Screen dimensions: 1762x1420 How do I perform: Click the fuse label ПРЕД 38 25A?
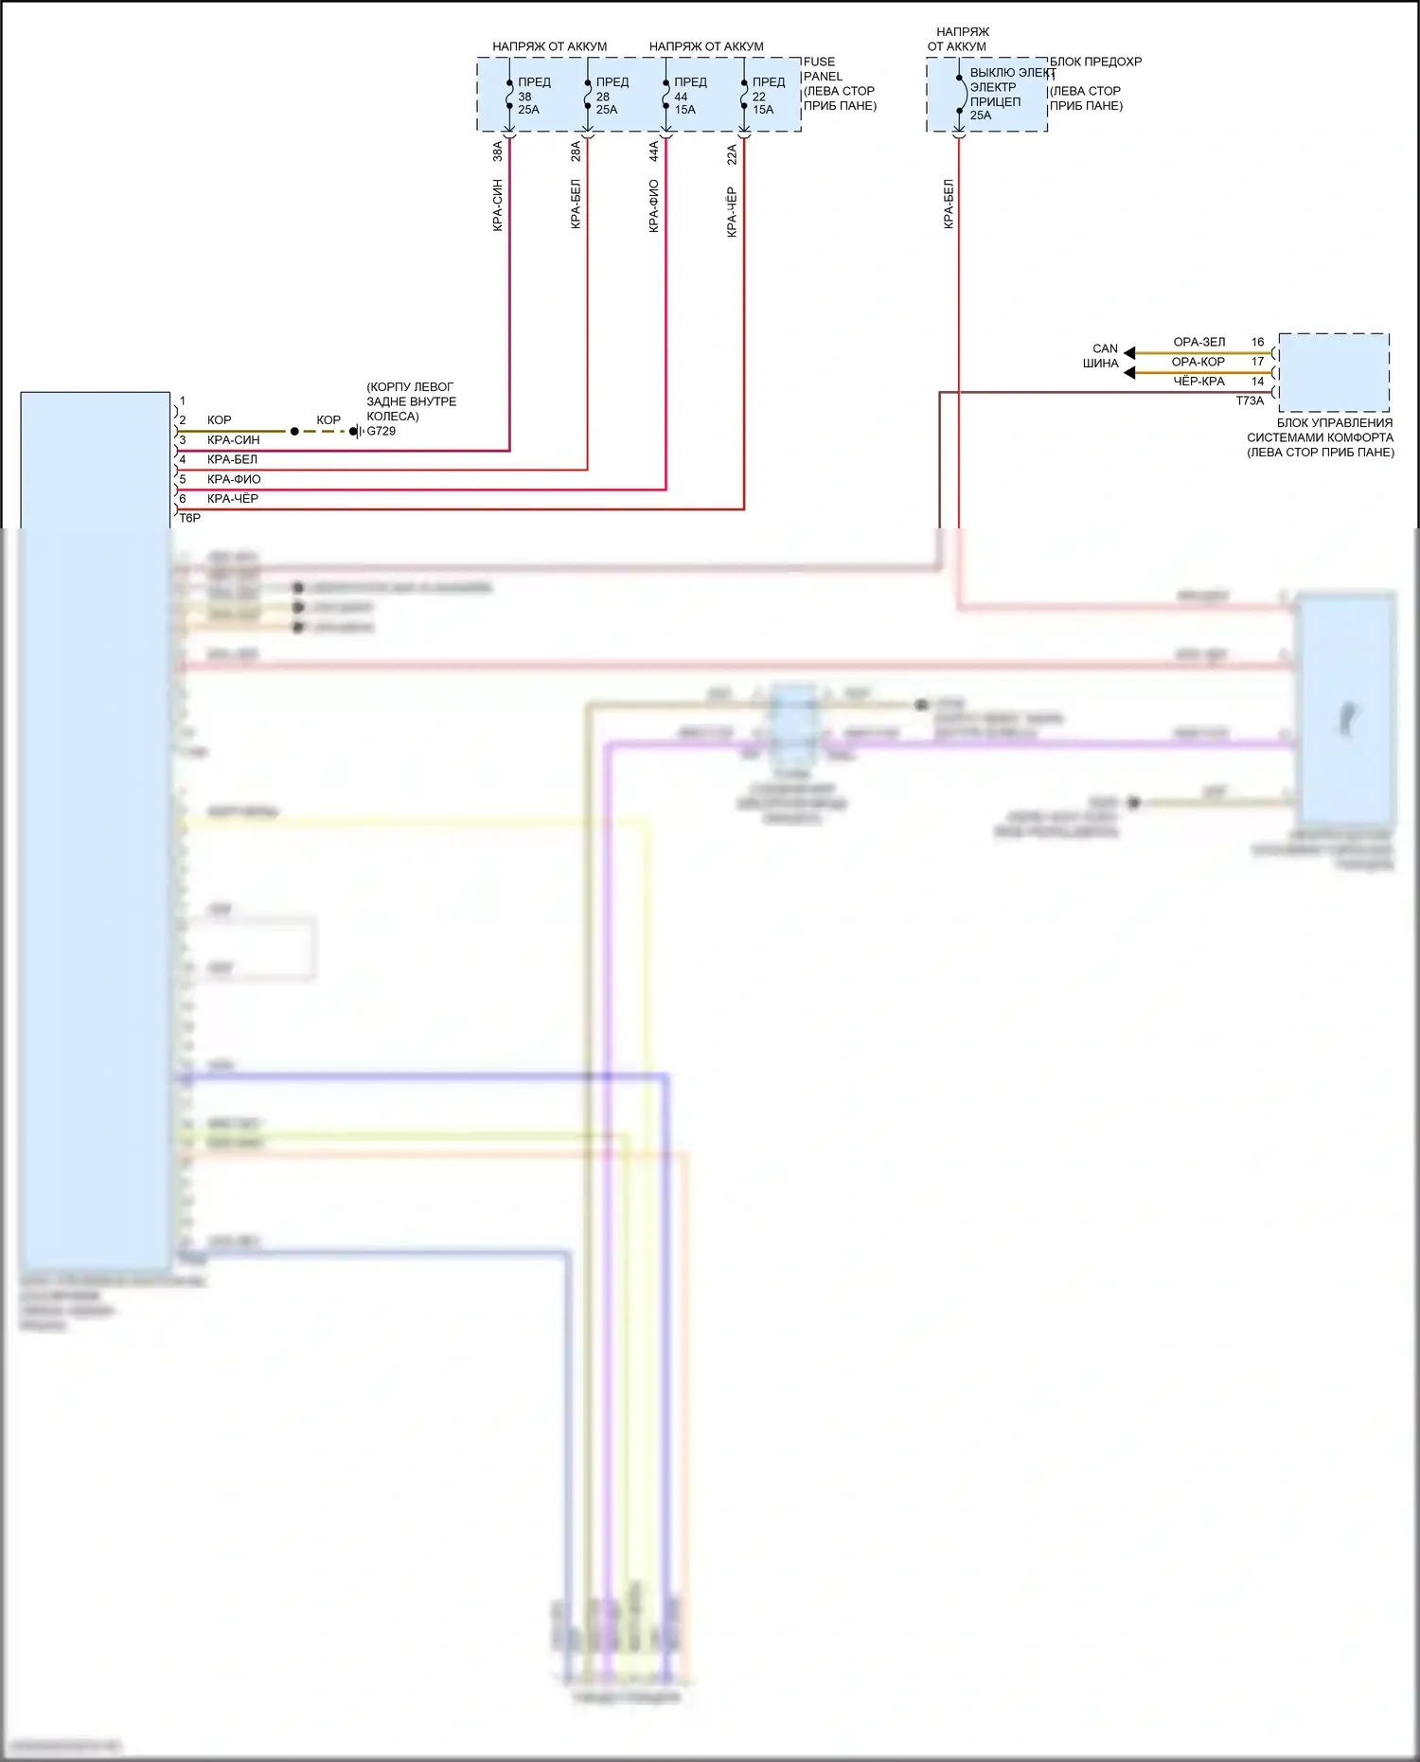coord(533,96)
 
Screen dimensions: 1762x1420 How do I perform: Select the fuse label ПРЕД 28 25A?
coord(612,96)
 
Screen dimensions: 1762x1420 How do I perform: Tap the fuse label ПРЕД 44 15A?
coord(690,96)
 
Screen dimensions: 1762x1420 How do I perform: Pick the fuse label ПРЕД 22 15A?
coord(768,96)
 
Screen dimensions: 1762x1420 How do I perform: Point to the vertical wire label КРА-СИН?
coord(498,205)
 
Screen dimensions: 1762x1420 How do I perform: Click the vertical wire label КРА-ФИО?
coord(654,206)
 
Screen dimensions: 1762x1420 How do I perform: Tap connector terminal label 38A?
coord(498,151)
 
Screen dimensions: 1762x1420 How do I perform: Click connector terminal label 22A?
coord(732,154)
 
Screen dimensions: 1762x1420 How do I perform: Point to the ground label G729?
coord(382,432)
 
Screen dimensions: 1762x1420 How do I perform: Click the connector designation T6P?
coord(190,519)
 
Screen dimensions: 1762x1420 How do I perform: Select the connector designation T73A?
coord(1250,401)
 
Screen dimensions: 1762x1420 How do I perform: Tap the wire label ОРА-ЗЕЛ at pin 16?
coord(1198,343)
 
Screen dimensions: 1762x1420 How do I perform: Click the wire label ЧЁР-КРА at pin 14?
coord(1198,382)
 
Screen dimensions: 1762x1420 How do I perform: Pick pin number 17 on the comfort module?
coord(1257,362)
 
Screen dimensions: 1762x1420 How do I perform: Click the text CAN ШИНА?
coord(1102,356)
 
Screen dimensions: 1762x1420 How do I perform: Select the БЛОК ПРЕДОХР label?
coord(1095,62)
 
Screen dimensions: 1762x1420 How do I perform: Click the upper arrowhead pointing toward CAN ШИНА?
coord(1129,353)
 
